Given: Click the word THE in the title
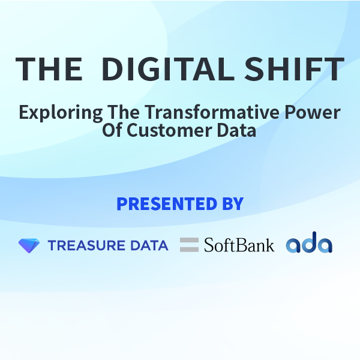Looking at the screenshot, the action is (49, 69).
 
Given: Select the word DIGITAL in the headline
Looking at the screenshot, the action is (168, 69).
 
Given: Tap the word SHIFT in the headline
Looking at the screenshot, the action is (294, 69).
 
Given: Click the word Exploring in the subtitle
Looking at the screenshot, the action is (61, 113).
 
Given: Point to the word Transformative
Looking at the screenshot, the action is (212, 112).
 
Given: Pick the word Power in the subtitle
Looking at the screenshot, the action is (312, 112).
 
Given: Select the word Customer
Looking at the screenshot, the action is (169, 130).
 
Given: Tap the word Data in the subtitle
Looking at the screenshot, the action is (236, 130).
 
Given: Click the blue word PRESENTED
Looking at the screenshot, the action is (167, 203).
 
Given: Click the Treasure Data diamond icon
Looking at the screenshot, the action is (29, 245).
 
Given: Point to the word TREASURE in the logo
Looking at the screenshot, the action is (86, 245).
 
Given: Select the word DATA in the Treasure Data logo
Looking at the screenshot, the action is (149, 245).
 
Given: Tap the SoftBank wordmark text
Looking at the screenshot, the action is (239, 245).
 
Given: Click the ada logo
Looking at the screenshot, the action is (309, 242).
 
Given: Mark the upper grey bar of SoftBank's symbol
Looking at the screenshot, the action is (189, 240).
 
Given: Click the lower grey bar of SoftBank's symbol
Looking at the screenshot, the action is (189, 250).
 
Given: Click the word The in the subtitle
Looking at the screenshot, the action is (124, 112).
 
